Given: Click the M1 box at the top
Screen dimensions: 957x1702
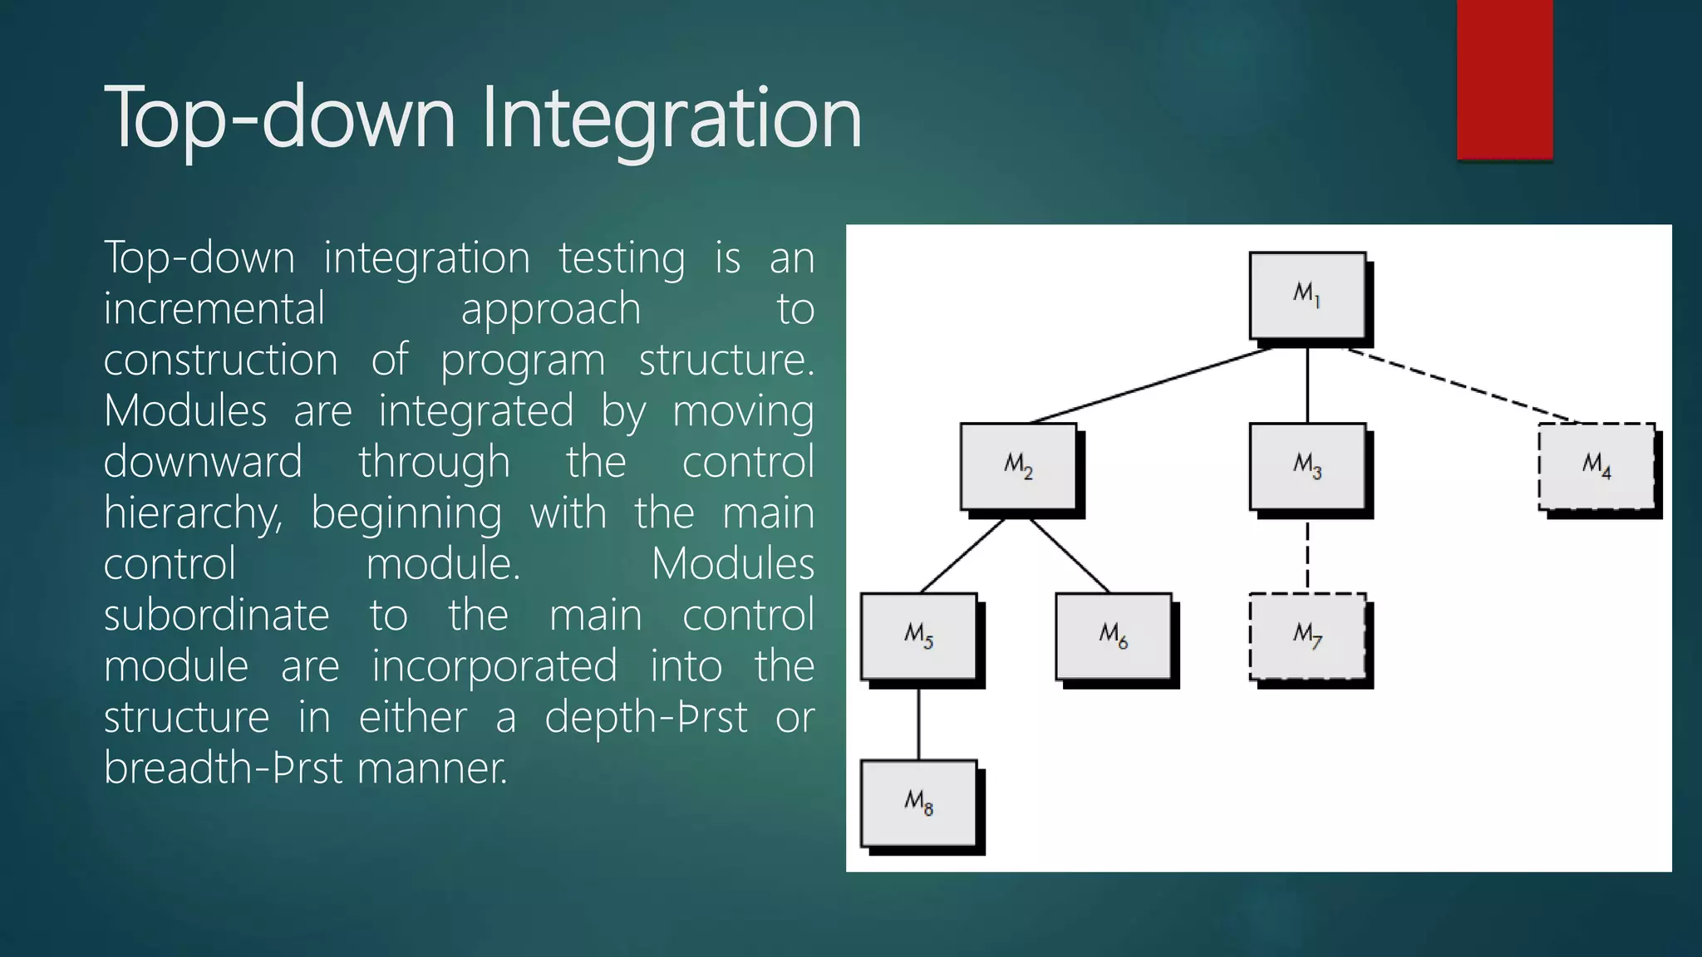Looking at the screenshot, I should tap(1307, 296).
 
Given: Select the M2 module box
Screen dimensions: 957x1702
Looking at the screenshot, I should tap(1018, 467).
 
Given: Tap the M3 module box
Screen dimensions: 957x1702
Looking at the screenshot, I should tap(1307, 467).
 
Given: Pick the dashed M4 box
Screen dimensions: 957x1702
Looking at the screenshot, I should tap(1596, 467).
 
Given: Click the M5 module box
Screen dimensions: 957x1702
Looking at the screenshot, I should tap(918, 636).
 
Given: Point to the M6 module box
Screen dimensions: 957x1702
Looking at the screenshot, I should tap(1113, 636).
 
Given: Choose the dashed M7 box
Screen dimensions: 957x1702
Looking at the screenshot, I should tap(1307, 636).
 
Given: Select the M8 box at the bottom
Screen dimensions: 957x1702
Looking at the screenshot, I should tap(918, 803).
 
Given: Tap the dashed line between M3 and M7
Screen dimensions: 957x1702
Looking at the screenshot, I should tap(1307, 555).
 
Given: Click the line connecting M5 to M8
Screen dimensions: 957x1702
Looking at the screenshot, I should tap(918, 723).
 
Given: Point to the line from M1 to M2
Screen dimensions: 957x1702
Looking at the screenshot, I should tap(1151, 385).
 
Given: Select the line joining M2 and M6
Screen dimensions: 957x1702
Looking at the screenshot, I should tap(1070, 555).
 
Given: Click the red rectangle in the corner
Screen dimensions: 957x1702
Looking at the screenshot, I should tap(1504, 79).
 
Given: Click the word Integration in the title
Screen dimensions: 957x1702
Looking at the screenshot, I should tap(671, 118).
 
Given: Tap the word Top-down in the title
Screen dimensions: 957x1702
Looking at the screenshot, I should tap(280, 118).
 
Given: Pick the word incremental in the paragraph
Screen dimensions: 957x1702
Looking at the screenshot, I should tap(214, 309).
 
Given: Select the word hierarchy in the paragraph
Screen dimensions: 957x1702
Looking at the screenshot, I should tap(192, 513).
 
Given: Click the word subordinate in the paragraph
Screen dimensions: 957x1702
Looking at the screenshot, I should tap(216, 616).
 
